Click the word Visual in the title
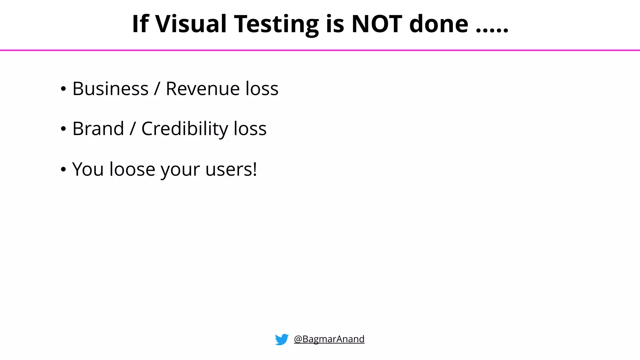190,24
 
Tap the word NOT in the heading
377,24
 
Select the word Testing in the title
276,24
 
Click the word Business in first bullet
110,89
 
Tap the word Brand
98,129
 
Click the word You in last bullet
87,169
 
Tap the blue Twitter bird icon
282,339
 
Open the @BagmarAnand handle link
329,339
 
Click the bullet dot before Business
63,89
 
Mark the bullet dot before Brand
63,129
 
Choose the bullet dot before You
63,170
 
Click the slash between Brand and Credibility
133,129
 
